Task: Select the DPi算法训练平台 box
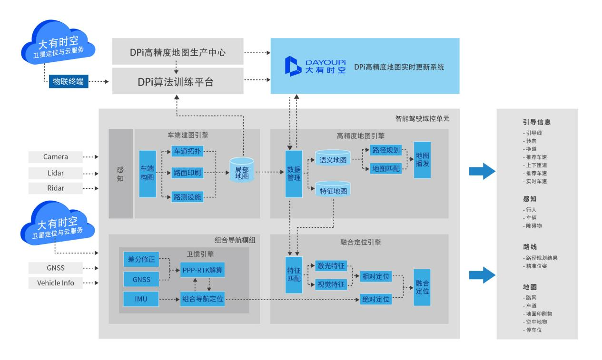coord(178,81)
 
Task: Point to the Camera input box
coord(55,156)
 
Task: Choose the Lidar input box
coord(55,172)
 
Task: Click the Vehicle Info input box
coord(55,283)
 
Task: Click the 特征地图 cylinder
coord(333,190)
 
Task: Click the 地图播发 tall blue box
coord(422,160)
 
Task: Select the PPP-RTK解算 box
coord(202,271)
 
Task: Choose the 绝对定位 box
coord(375,299)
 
